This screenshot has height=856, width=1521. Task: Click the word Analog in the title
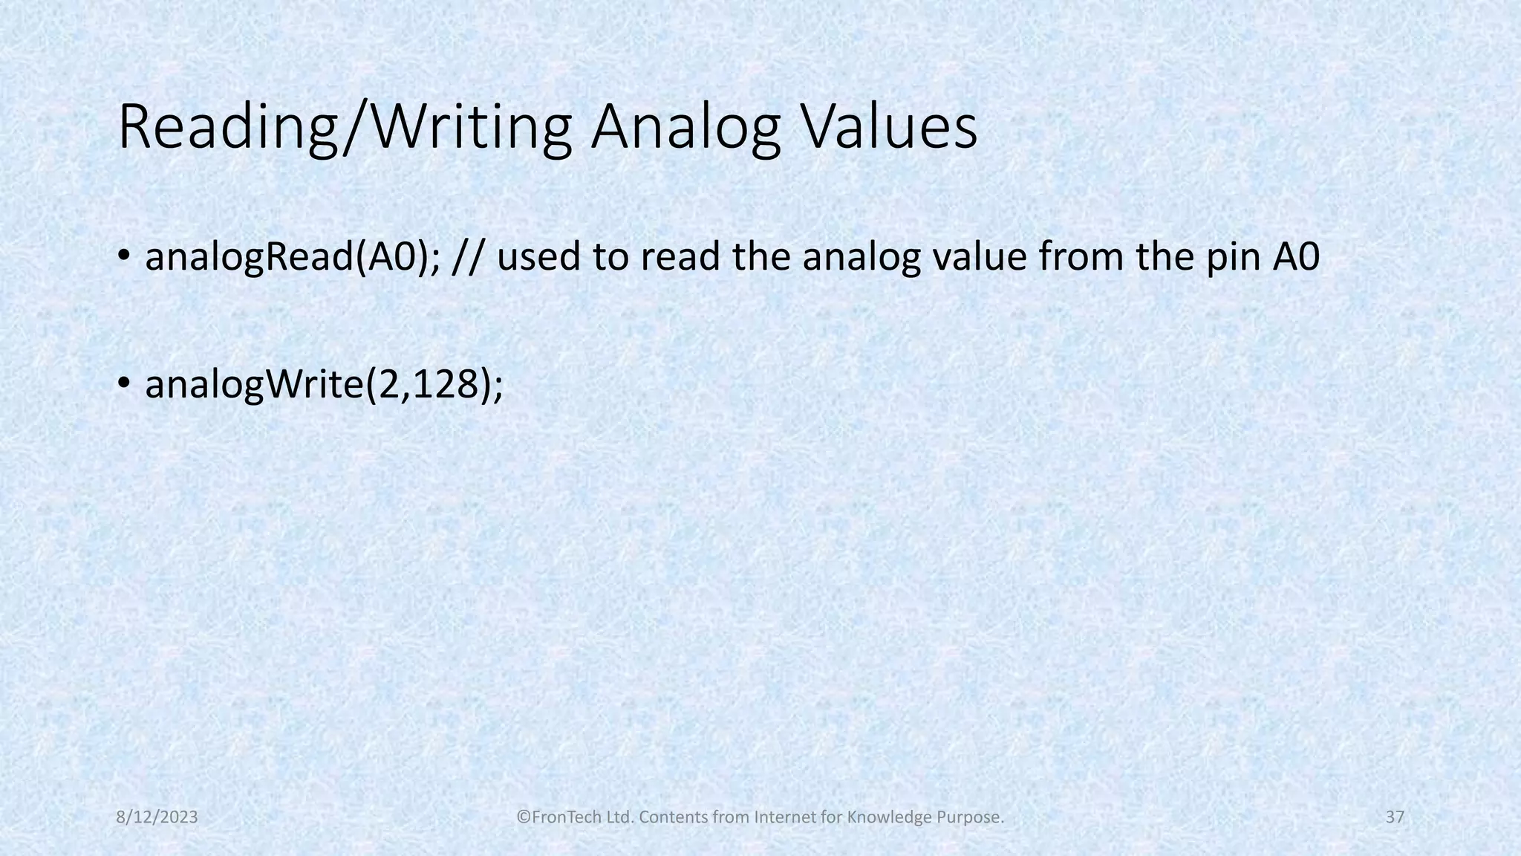click(685, 128)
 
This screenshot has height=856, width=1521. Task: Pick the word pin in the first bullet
click(1233, 257)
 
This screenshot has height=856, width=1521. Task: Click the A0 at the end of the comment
click(1296, 257)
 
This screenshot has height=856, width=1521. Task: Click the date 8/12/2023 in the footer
click(157, 817)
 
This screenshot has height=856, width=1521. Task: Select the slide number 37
click(1395, 817)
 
